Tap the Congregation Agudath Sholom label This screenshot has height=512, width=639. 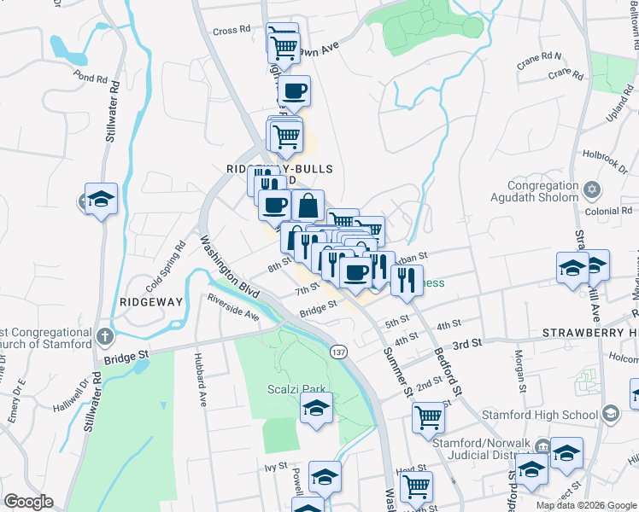[x=531, y=192]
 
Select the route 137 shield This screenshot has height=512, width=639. [x=338, y=352]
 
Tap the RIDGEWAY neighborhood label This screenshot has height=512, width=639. [x=151, y=302]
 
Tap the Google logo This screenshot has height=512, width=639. [x=28, y=502]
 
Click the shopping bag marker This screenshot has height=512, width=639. [x=308, y=205]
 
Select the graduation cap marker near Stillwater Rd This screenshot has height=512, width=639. [x=102, y=200]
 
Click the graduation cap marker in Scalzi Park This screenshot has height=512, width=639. [x=316, y=409]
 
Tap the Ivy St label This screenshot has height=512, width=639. [x=273, y=467]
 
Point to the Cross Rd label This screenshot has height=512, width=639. [x=232, y=31]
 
